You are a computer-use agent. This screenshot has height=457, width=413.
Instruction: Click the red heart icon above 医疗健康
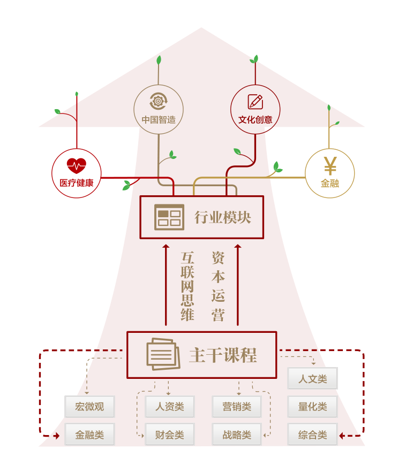pyautogui.click(x=76, y=166)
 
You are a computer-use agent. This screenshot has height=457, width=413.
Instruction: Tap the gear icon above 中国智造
pyautogui.click(x=159, y=100)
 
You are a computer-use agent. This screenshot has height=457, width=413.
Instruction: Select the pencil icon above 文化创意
pyautogui.click(x=255, y=101)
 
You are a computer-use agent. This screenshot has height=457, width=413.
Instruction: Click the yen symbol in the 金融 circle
pyautogui.click(x=330, y=166)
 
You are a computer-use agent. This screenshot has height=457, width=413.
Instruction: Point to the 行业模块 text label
pyautogui.click(x=222, y=217)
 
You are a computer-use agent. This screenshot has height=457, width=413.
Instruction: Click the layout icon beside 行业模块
pyautogui.click(x=169, y=217)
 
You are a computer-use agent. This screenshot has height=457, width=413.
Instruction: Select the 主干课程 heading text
pyautogui.click(x=223, y=355)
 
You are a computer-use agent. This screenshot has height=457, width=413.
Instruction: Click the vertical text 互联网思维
pyautogui.click(x=187, y=286)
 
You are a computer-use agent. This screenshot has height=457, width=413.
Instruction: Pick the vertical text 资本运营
pyautogui.click(x=218, y=286)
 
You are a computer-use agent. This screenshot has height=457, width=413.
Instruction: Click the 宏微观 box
pyautogui.click(x=89, y=407)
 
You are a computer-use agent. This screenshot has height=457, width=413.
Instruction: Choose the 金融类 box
pyautogui.click(x=89, y=435)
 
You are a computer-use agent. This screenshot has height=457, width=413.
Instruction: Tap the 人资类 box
pyautogui.click(x=169, y=407)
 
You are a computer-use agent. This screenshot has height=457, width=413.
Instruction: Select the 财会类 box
pyautogui.click(x=169, y=435)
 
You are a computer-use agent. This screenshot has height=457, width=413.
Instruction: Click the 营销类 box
pyautogui.click(x=236, y=407)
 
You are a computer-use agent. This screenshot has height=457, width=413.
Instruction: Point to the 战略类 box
pyautogui.click(x=236, y=435)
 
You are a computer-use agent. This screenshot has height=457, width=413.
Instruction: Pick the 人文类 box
pyautogui.click(x=312, y=379)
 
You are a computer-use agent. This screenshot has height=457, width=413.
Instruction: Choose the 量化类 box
pyautogui.click(x=312, y=407)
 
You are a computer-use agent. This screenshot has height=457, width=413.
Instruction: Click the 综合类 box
pyautogui.click(x=312, y=435)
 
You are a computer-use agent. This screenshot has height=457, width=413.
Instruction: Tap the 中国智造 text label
pyautogui.click(x=159, y=120)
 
